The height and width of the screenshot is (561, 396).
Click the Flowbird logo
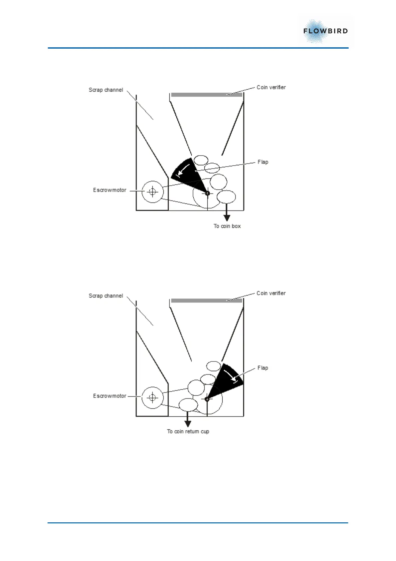pyautogui.click(x=325, y=31)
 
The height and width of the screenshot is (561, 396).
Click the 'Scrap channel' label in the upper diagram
pyautogui.click(x=106, y=90)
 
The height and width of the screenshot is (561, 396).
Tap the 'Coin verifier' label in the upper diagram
pyautogui.click(x=271, y=87)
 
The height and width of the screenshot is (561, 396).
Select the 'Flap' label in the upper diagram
pyautogui.click(x=263, y=162)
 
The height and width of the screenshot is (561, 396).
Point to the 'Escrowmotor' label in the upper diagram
pyautogui.click(x=109, y=190)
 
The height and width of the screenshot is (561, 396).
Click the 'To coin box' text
pyautogui.click(x=227, y=226)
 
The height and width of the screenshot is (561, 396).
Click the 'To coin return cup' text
pyautogui.click(x=188, y=431)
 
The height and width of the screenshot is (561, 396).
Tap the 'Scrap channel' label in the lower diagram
pyautogui.click(x=106, y=296)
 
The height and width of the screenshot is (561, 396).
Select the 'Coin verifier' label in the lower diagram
pyautogui.click(x=271, y=293)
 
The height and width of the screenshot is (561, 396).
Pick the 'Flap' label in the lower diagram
pyautogui.click(x=263, y=368)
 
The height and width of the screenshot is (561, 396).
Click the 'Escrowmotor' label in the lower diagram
pyautogui.click(x=109, y=396)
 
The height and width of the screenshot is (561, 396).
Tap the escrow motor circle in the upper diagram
pyautogui.click(x=152, y=192)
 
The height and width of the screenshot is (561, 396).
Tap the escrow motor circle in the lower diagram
pyautogui.click(x=152, y=397)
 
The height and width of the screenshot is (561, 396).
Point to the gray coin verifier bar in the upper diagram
pyautogui.click(x=206, y=95)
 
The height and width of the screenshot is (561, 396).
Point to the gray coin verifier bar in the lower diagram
pyautogui.click(x=206, y=301)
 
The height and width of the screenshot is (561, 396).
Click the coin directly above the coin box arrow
pyautogui.click(x=226, y=197)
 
